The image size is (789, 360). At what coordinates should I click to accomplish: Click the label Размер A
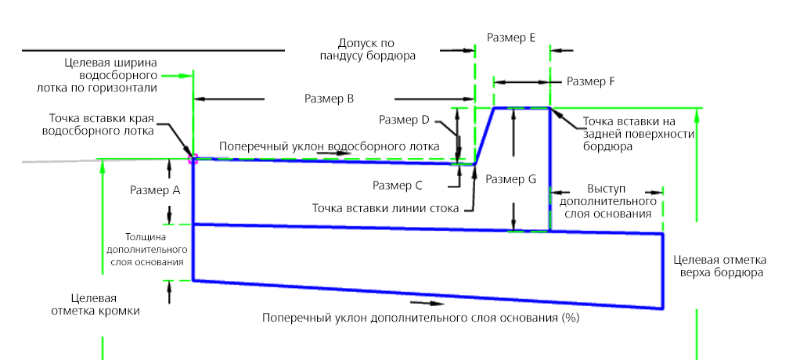(155, 190)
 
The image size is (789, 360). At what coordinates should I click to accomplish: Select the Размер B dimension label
(330, 99)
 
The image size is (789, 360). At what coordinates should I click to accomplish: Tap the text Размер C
(398, 186)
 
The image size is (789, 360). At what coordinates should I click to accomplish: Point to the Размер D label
(404, 121)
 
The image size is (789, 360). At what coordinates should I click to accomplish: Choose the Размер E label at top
(510, 37)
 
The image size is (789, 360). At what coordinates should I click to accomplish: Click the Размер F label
(591, 81)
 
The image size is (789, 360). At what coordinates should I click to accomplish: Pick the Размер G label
(510, 179)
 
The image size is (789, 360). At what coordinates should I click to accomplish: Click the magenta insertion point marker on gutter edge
(193, 158)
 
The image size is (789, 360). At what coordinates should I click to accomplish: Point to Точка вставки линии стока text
(386, 208)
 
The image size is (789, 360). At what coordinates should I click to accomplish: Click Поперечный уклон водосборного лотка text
(328, 146)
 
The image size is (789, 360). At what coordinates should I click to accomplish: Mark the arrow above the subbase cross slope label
(420, 301)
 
